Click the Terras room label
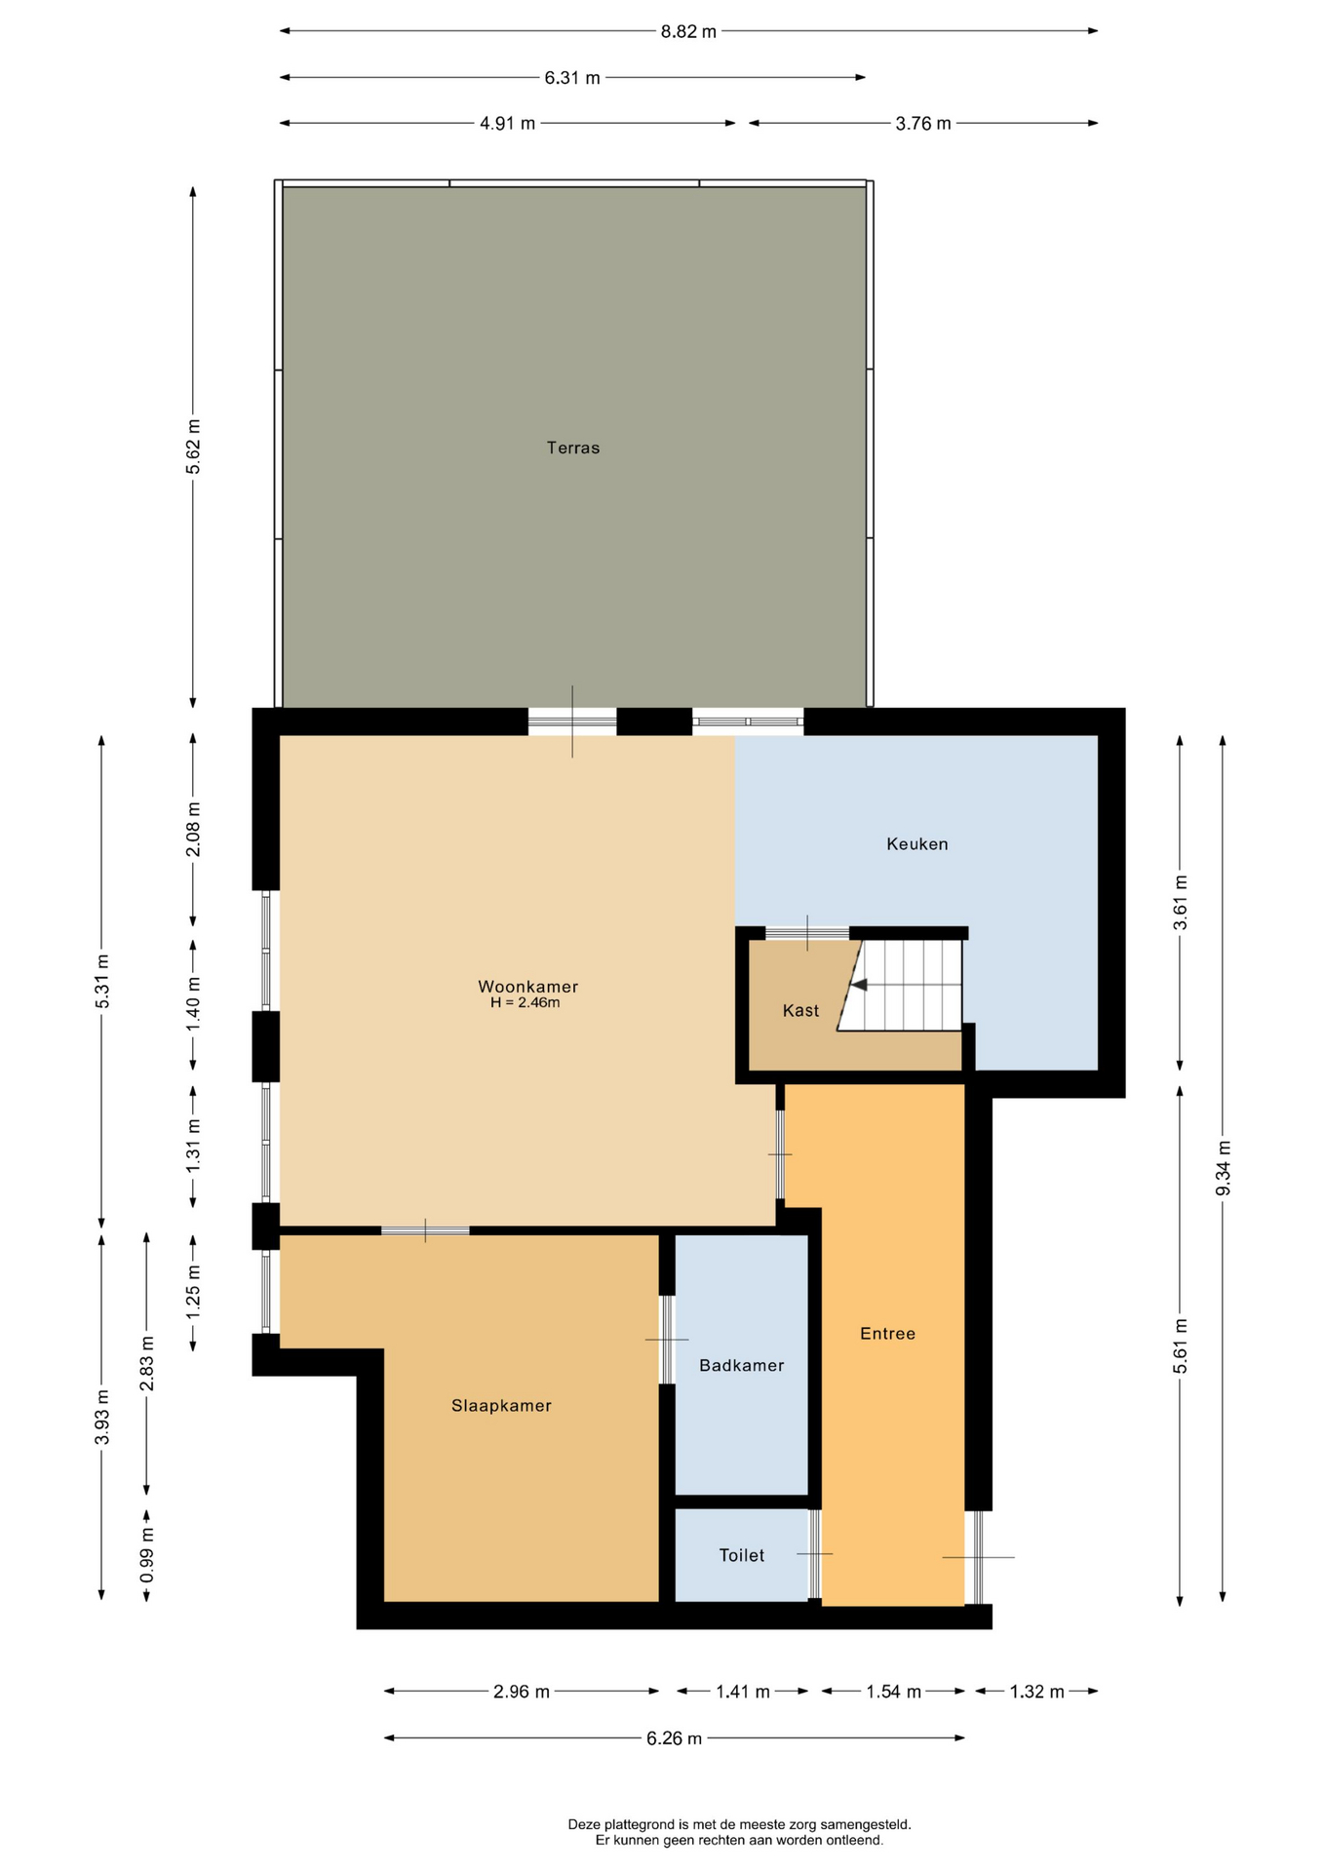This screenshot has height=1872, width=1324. click(x=573, y=448)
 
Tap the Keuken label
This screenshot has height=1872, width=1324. click(x=917, y=844)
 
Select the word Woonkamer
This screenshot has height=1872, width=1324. click(x=528, y=987)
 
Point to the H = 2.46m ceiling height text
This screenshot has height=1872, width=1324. click(x=526, y=1002)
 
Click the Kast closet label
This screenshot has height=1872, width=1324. click(x=801, y=1011)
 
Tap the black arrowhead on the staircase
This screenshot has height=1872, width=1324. click(x=859, y=985)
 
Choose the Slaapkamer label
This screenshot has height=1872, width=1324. click(x=502, y=1406)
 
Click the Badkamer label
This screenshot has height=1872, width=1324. click(x=742, y=1366)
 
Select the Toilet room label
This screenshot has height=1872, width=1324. click(x=742, y=1556)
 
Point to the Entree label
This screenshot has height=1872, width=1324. click(x=888, y=1334)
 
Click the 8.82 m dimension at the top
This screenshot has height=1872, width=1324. click(x=688, y=31)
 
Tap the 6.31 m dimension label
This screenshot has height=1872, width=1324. click(x=572, y=78)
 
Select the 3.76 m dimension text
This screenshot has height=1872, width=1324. click(x=923, y=124)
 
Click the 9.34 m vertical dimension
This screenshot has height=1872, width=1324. click(x=1224, y=1168)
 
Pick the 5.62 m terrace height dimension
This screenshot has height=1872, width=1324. click(x=194, y=447)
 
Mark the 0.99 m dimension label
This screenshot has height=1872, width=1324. click(x=147, y=1555)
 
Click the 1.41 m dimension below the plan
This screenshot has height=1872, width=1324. click(x=743, y=1692)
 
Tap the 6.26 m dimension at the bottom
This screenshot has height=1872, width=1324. click(x=674, y=1738)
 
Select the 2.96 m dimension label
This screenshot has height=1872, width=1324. click(x=522, y=1692)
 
